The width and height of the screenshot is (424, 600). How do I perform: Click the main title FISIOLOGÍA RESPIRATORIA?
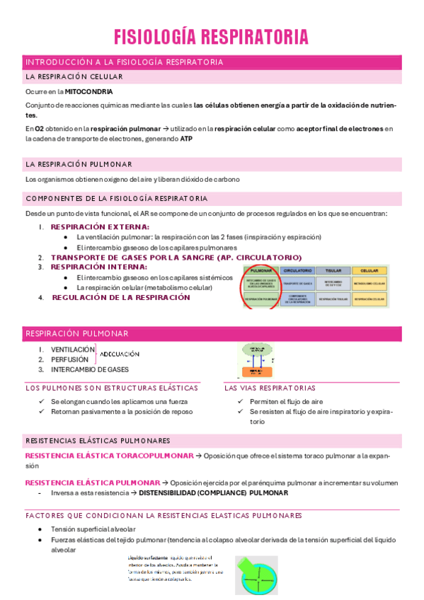pyautogui.click(x=212, y=37)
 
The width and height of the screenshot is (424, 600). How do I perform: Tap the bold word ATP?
pyautogui.click(x=186, y=139)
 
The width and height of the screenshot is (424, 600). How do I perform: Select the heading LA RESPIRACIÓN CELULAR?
pyautogui.click(x=74, y=76)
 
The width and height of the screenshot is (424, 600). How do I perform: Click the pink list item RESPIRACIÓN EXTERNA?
pyautogui.click(x=100, y=226)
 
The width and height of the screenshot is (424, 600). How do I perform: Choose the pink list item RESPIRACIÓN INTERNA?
pyautogui.click(x=99, y=267)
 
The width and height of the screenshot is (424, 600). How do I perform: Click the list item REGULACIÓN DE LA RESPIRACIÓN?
pyautogui.click(x=121, y=298)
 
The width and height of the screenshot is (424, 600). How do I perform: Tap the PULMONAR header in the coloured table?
pyautogui.click(x=262, y=270)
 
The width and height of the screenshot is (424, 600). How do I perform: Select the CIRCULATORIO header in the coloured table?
pyautogui.click(x=298, y=270)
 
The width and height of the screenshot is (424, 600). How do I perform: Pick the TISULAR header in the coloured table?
pyautogui.click(x=333, y=270)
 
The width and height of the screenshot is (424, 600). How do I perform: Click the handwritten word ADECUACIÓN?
pyautogui.click(x=120, y=354)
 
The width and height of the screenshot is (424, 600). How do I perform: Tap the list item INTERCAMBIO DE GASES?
pyautogui.click(x=90, y=369)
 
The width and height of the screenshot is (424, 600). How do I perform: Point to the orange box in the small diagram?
pyautogui.click(x=253, y=371)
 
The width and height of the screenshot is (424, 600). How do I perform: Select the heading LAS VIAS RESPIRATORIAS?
pyautogui.click(x=270, y=388)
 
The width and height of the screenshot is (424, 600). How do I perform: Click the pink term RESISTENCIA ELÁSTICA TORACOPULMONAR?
pyautogui.click(x=109, y=456)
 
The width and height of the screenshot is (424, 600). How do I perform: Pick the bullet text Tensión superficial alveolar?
pyautogui.click(x=93, y=529)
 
